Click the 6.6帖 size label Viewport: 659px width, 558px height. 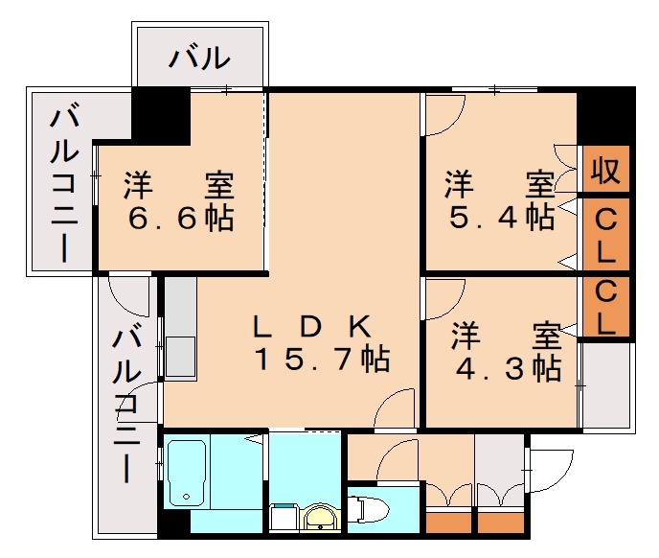click(x=181, y=220)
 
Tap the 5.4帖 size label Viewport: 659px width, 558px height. click(x=502, y=218)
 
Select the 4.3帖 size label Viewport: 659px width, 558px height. click(x=508, y=368)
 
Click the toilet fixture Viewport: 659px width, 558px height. click(x=369, y=507)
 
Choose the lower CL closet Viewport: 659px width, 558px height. click(x=606, y=307)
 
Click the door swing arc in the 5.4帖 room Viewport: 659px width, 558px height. click(x=442, y=114)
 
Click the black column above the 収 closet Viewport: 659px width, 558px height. click(x=604, y=114)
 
